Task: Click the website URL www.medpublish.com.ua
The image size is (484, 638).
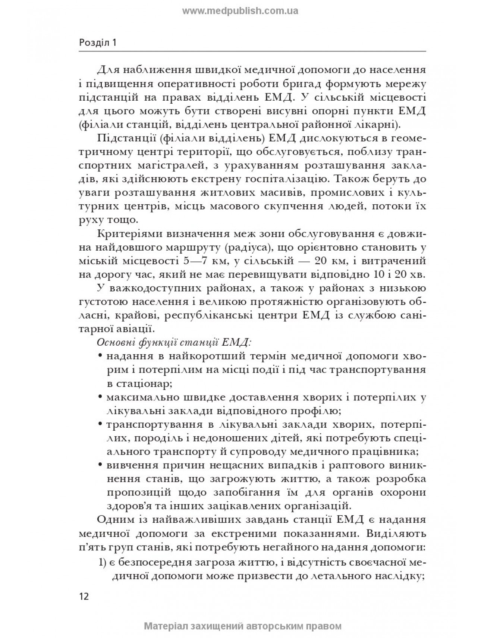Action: tap(240, 11)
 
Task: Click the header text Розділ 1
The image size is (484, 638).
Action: tap(98, 43)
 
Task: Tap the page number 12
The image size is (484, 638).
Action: tap(84, 596)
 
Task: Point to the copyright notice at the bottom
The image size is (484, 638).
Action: tap(242, 626)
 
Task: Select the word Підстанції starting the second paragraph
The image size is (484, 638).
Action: tap(123, 138)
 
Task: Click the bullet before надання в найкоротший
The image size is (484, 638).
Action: tap(101, 356)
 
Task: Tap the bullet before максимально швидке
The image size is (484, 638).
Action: tap(101, 397)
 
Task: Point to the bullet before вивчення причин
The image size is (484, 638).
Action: tap(101, 465)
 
